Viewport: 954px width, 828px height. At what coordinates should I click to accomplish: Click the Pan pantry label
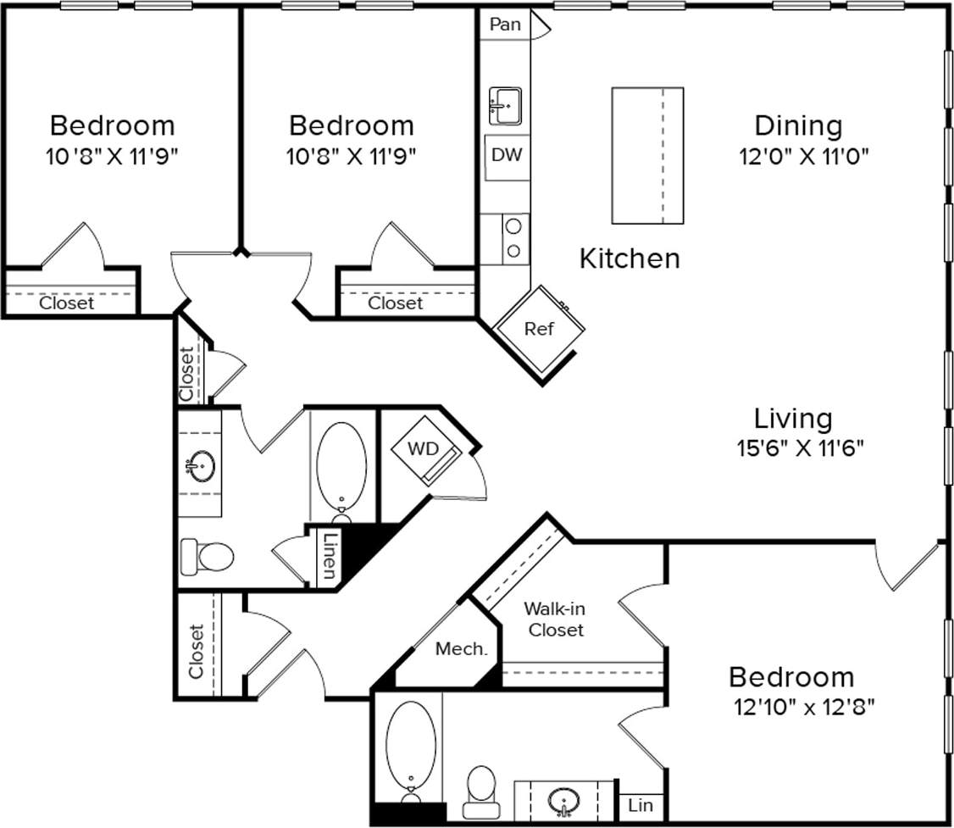(505, 24)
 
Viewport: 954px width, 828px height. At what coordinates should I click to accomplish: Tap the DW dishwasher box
(507, 155)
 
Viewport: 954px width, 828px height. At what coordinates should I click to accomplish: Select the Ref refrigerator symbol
(539, 329)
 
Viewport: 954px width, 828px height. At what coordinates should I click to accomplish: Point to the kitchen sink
(505, 106)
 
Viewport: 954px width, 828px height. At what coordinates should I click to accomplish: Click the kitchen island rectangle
(647, 155)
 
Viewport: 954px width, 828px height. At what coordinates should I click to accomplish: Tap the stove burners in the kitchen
(512, 238)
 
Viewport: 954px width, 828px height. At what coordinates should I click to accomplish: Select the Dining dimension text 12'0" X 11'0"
(799, 156)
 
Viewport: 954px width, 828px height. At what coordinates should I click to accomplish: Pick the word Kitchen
(629, 258)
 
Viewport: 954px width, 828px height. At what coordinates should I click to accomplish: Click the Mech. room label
(461, 649)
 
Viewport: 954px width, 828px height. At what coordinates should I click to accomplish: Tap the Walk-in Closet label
(554, 619)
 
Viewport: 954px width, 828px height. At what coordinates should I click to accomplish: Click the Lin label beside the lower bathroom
(641, 806)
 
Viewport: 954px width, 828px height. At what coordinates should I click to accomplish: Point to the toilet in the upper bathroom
(208, 556)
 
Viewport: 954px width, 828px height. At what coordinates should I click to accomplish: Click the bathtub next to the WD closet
(341, 468)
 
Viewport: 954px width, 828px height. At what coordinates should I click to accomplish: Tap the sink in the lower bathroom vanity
(564, 799)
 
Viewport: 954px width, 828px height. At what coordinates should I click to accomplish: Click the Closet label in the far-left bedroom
(67, 303)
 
